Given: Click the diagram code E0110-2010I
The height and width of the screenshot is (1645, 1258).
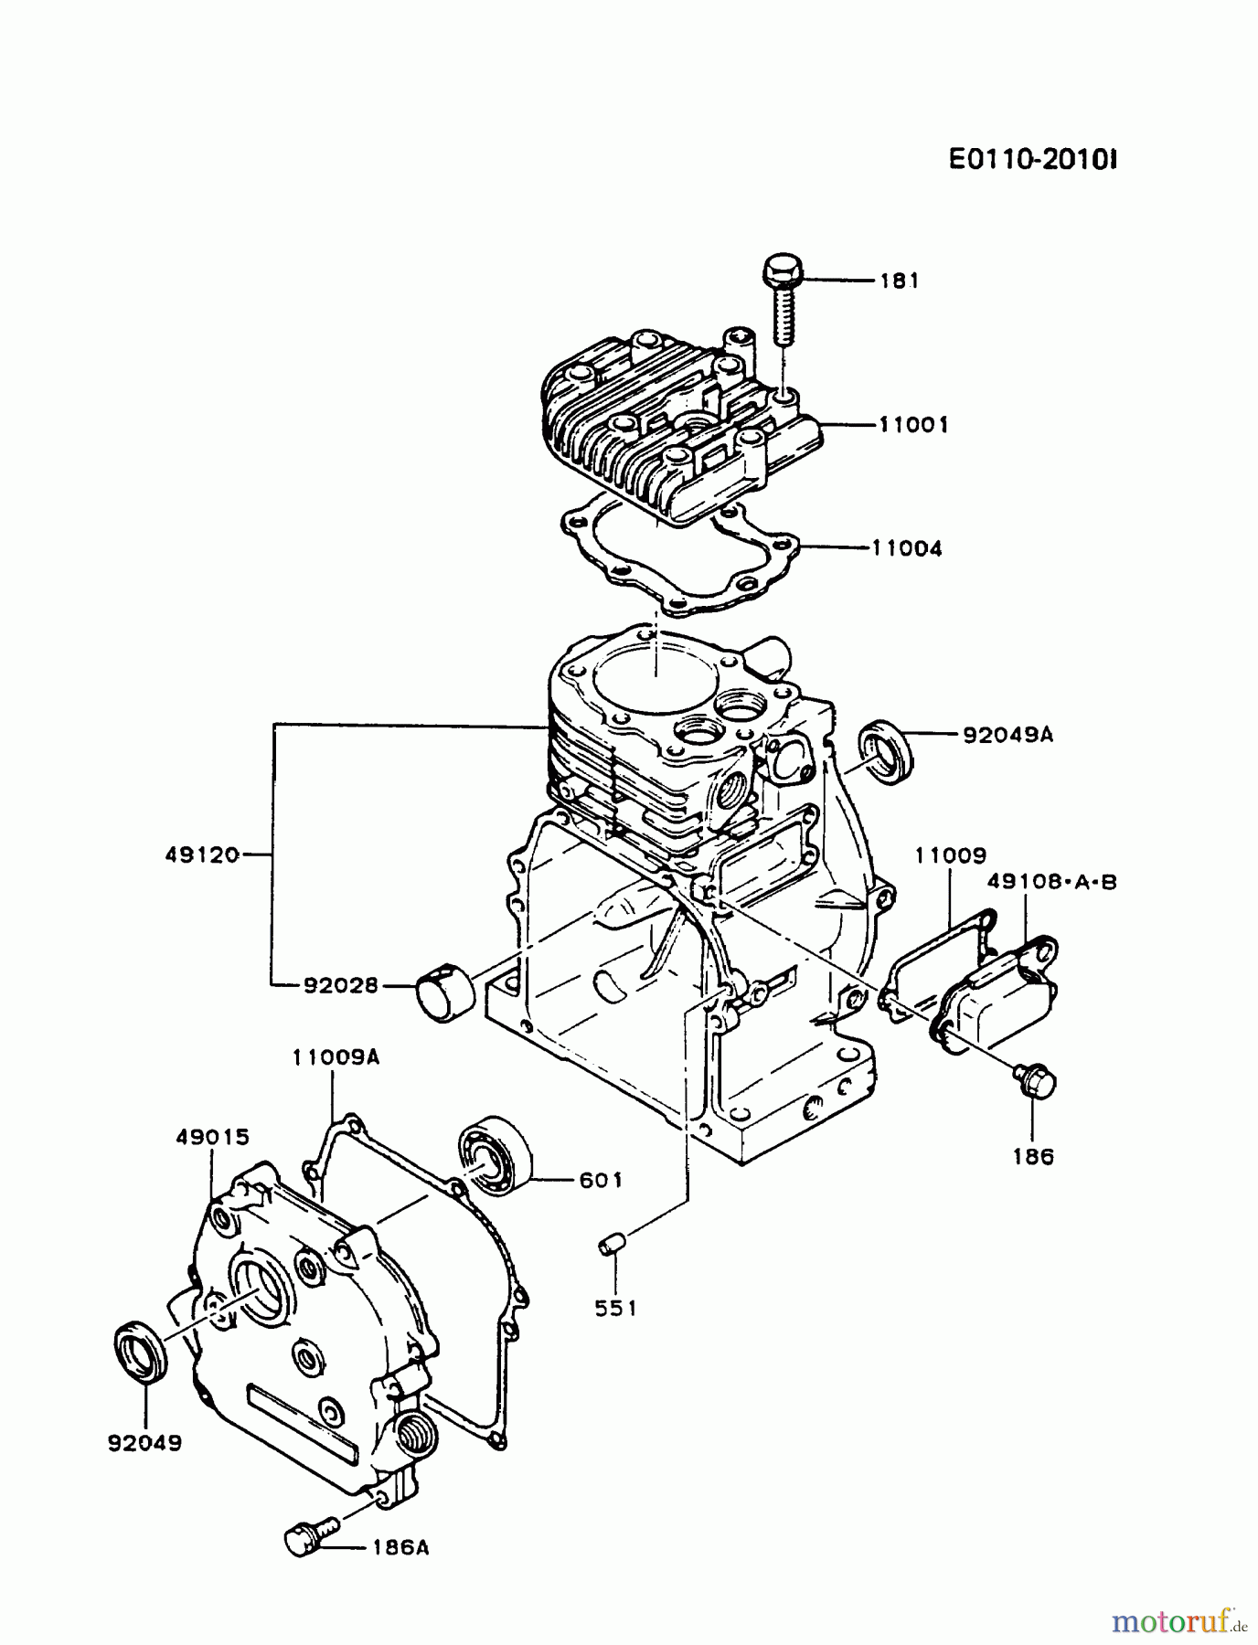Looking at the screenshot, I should (x=1032, y=160).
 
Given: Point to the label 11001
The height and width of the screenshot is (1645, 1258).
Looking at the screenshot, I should (x=913, y=425).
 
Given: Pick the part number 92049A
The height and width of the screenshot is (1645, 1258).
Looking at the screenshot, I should (x=1007, y=734).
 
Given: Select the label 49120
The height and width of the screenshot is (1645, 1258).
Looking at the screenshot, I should (x=202, y=854).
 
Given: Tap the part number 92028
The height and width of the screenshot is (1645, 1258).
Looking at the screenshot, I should (x=341, y=986).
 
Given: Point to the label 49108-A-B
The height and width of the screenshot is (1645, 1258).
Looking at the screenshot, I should (x=1051, y=882).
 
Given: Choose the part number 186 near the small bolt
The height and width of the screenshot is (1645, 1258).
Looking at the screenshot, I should (x=1034, y=1156).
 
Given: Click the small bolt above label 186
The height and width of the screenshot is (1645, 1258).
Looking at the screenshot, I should (x=1036, y=1081).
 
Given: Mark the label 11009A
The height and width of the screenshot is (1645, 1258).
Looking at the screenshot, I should (x=336, y=1057).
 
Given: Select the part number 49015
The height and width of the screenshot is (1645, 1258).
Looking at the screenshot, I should (x=212, y=1138).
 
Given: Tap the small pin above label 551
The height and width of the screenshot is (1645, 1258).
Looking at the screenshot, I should (x=612, y=1244).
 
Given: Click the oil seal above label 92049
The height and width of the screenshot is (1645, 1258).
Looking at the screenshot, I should (x=142, y=1348).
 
